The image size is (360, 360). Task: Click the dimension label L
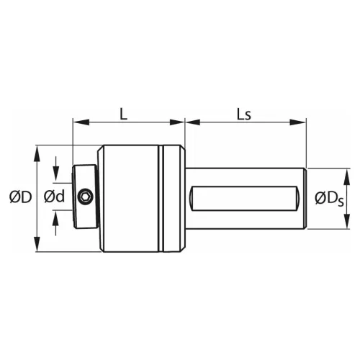point(123,114)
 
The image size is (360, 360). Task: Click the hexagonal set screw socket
point(86,197)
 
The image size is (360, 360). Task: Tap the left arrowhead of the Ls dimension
point(190,123)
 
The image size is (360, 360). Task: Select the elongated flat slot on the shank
point(246,197)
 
